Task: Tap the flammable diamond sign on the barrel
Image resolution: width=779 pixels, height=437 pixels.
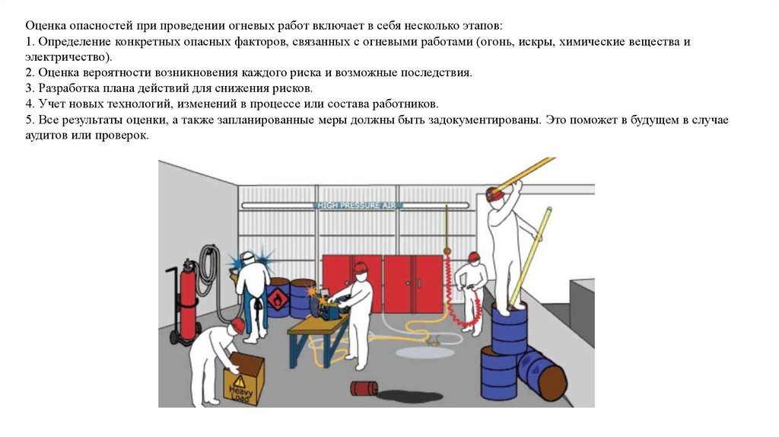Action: [278, 298]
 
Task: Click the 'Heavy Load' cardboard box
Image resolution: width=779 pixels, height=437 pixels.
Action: [244, 378]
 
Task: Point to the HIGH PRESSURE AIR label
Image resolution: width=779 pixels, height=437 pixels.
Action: [357, 206]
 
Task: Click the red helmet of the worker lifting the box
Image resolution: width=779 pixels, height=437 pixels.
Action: [237, 324]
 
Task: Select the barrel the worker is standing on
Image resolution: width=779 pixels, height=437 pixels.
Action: [509, 327]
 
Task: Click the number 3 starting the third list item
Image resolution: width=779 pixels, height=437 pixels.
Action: [29, 88]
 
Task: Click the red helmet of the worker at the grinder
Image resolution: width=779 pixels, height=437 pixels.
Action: [361, 267]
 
